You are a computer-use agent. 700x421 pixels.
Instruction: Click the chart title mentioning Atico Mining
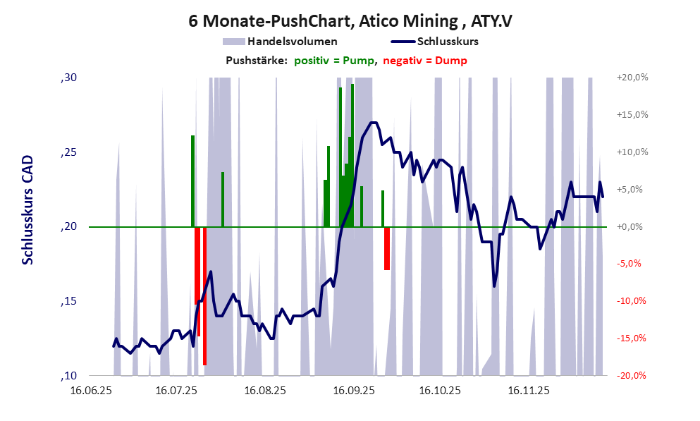pos(350,21)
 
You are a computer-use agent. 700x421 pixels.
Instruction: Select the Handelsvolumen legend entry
pos(280,42)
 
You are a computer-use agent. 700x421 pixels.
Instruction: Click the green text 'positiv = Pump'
pos(335,61)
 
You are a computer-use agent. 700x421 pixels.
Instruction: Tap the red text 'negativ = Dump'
pos(425,61)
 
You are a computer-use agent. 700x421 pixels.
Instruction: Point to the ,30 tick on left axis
pos(68,78)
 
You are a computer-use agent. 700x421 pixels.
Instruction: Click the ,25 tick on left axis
pos(68,152)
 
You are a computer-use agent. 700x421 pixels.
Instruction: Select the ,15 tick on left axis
pos(68,301)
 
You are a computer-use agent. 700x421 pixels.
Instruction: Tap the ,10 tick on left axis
pos(68,375)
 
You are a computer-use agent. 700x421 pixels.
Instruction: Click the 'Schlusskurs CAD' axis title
pos(27,209)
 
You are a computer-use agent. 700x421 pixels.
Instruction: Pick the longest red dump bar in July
pos(204,296)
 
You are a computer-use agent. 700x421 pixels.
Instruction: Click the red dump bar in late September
pos(387,248)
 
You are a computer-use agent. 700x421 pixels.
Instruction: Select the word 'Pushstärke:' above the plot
pos(257,61)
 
